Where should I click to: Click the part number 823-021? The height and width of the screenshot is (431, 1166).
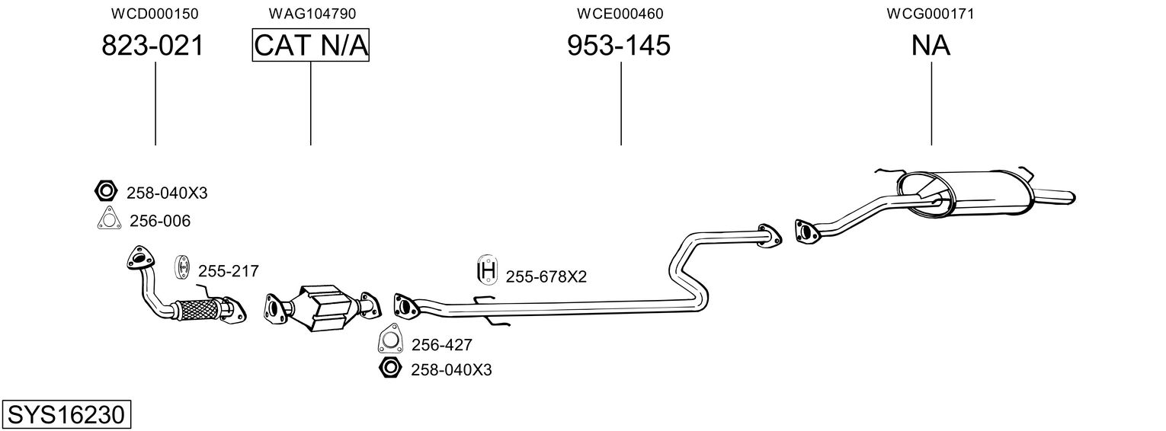(152, 46)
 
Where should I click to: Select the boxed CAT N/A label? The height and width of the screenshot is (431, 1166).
(311, 45)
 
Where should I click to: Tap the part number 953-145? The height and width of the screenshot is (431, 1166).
(618, 46)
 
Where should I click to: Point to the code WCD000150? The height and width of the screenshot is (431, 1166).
(155, 14)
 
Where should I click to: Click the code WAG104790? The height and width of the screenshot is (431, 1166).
(312, 14)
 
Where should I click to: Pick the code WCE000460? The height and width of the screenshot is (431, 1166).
(620, 14)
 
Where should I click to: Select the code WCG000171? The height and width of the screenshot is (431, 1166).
(931, 14)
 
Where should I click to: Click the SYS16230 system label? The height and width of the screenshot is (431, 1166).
(66, 415)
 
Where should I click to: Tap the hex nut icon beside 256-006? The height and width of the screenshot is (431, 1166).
(106, 191)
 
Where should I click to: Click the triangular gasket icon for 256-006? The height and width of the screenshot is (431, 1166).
(109, 219)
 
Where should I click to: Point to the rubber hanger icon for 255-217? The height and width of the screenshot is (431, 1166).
(181, 267)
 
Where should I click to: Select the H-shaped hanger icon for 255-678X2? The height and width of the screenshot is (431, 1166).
(487, 270)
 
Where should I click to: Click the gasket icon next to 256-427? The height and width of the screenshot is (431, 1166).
(389, 338)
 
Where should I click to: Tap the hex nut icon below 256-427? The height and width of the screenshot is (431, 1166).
(390, 368)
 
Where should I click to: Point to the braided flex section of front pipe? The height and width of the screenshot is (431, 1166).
(198, 309)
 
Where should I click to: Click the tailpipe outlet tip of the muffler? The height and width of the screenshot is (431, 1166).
(1072, 197)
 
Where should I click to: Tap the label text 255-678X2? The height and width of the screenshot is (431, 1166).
(546, 277)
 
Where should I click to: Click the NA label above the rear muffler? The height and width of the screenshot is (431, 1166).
(931, 46)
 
